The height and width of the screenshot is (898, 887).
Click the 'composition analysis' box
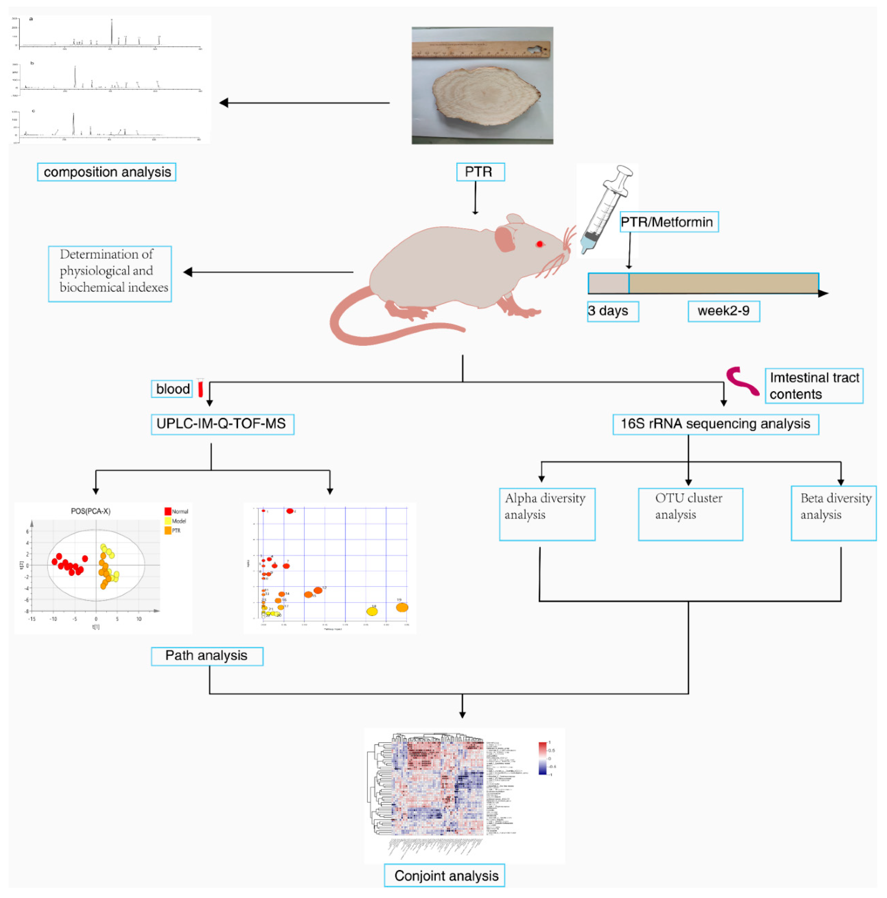106,172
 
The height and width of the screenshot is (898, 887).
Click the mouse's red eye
539,244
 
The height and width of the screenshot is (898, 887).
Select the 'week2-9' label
723,311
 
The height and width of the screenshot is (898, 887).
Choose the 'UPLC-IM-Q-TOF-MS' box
222,424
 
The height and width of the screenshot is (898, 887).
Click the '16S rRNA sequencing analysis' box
715,424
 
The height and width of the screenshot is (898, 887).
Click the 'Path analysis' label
207,656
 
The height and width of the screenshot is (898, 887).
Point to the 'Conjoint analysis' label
444,876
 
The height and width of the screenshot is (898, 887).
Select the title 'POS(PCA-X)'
91,511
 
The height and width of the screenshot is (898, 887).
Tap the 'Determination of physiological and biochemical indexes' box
110,273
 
